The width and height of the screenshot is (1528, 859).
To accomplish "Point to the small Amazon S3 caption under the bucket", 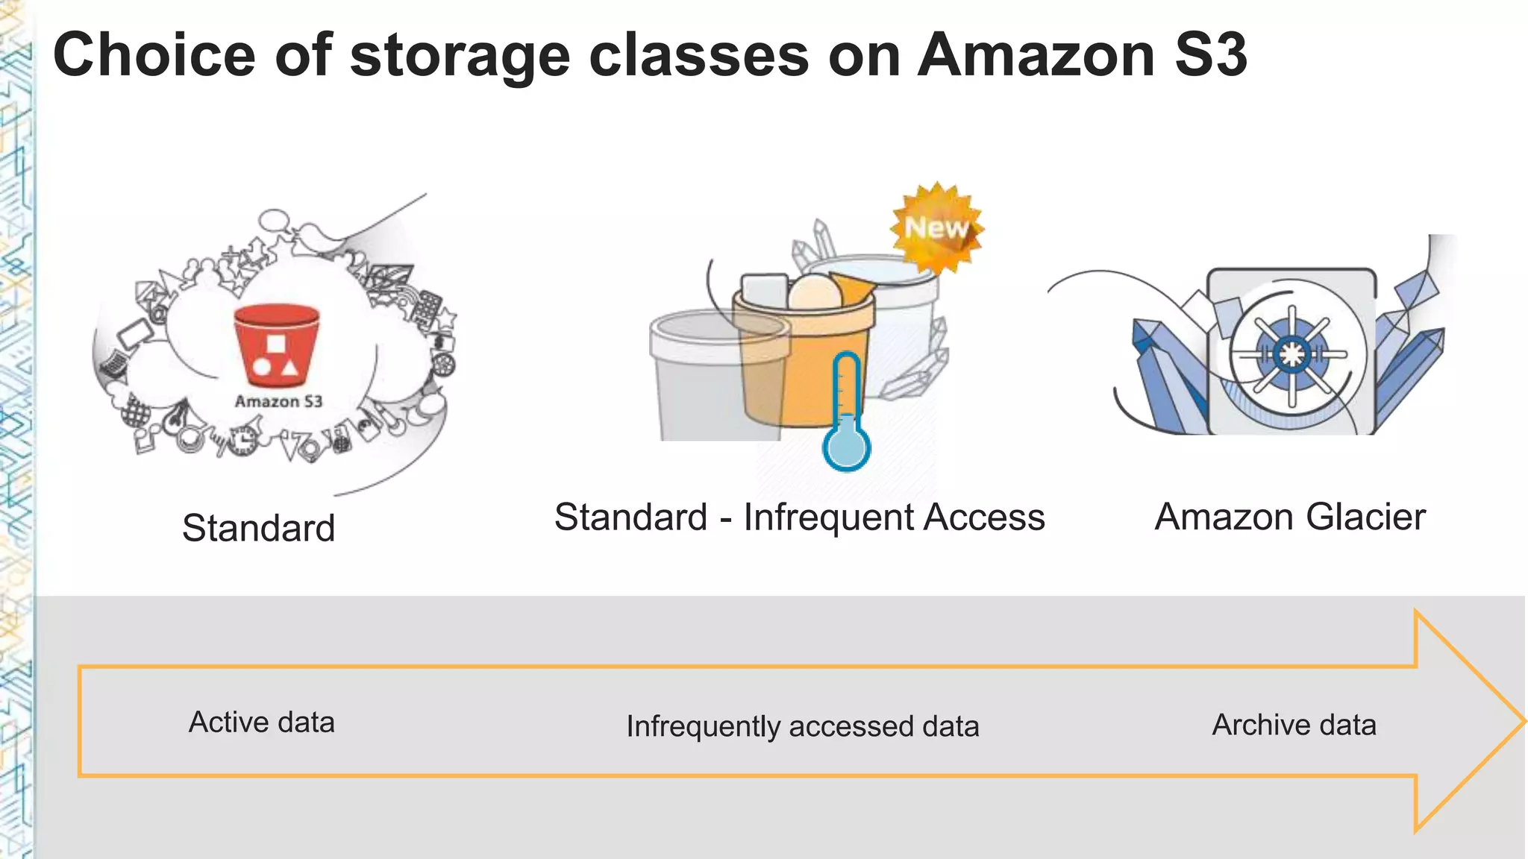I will pos(278,401).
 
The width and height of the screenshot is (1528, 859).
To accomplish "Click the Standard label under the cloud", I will pos(258,528).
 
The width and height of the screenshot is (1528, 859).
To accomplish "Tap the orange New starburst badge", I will pos(936,227).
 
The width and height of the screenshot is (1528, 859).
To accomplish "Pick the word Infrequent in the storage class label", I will pos(828,517).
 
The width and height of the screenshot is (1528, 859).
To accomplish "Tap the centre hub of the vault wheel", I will pos(1291,353).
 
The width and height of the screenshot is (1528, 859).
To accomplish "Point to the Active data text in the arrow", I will pos(261,722).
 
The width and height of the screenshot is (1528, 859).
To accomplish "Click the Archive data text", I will pos(1294,724).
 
